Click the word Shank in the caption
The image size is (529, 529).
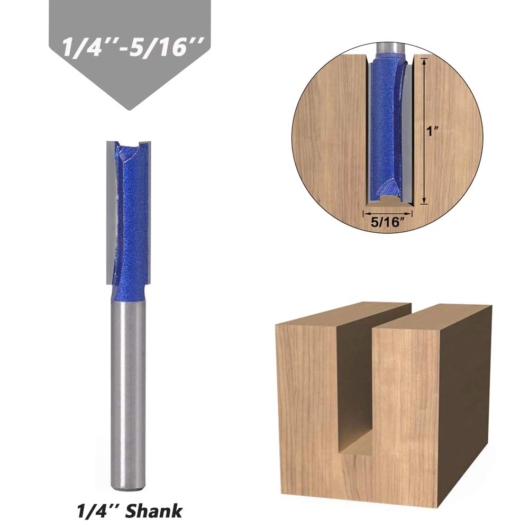click(x=154, y=510)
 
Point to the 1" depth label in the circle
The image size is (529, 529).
click(x=432, y=132)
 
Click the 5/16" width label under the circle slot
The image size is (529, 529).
click(x=387, y=222)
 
